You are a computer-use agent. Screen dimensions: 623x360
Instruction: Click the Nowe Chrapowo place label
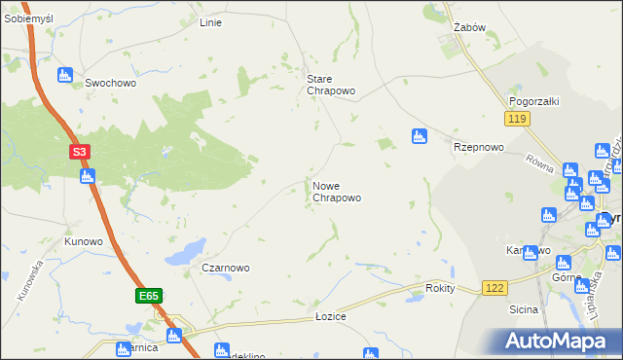(337, 192)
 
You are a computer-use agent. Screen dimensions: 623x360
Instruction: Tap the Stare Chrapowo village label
(331, 85)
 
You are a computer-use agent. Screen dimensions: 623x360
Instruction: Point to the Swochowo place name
(110, 84)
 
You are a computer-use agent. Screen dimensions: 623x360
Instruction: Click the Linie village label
(210, 22)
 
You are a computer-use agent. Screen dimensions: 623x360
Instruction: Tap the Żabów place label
(469, 28)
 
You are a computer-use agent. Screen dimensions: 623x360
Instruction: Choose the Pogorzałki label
(531, 101)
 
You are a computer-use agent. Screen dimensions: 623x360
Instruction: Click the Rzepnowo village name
(478, 147)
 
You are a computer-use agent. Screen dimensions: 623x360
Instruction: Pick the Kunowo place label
(84, 241)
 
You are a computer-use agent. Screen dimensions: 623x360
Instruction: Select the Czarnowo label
(226, 268)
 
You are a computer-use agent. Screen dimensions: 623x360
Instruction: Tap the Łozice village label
(331, 317)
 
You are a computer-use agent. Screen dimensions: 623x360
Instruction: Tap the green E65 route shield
(148, 295)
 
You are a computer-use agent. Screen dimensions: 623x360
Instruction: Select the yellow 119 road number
(516, 118)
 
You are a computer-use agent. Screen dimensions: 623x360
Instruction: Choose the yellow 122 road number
(495, 289)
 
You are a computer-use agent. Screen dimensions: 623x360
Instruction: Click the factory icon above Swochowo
(66, 74)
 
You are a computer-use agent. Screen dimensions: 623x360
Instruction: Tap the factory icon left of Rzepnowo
(419, 136)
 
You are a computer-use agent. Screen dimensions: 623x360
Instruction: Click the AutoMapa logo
(554, 341)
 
